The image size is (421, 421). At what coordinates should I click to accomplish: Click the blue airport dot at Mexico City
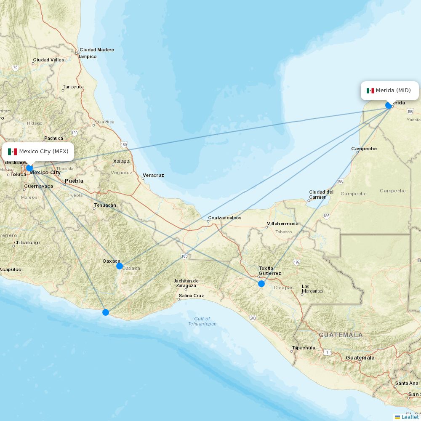click(29, 168)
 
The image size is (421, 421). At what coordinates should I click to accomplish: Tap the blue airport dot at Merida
click(389, 105)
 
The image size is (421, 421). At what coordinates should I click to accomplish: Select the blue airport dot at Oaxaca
click(120, 266)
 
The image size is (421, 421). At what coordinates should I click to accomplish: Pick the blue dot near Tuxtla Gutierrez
click(261, 284)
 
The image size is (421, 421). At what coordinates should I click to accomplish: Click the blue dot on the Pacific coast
click(106, 312)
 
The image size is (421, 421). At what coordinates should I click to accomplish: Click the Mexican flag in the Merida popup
click(370, 91)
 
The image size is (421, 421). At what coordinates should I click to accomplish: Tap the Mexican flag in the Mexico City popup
click(12, 152)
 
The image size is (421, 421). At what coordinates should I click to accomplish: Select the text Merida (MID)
click(393, 91)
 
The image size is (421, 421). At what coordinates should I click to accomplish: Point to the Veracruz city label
click(153, 175)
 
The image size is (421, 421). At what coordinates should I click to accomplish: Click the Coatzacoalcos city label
click(224, 218)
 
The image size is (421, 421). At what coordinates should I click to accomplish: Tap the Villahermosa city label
click(282, 224)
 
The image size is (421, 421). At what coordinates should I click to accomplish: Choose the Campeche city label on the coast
click(364, 149)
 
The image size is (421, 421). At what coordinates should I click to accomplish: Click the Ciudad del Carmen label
click(321, 195)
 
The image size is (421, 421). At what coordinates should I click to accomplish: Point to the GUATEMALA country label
click(341, 335)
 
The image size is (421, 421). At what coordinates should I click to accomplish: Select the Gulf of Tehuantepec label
click(202, 321)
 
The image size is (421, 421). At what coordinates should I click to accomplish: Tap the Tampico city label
click(87, 56)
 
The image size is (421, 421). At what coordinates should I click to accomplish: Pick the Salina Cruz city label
click(191, 296)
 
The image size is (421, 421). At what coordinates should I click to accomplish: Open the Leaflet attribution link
click(410, 417)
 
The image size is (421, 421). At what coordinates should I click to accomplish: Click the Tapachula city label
click(303, 348)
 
